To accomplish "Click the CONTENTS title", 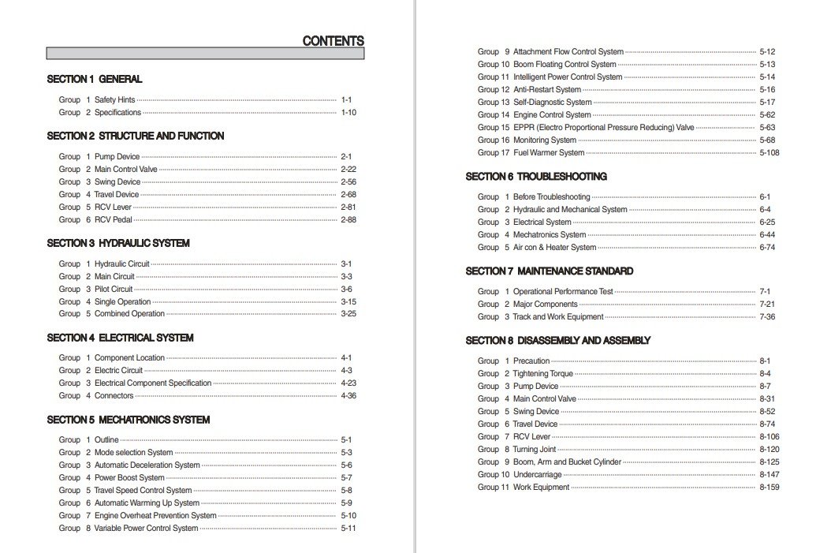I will coord(333,41).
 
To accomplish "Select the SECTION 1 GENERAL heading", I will coord(95,79).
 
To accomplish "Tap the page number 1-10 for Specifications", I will coord(348,113).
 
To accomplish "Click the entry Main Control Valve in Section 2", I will coord(126,170).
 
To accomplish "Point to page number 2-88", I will coord(348,220).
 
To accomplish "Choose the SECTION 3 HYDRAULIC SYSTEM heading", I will coord(118,243).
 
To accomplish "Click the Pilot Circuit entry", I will coord(114,290).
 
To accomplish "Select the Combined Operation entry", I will coord(129,314).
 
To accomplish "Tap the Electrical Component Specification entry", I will coord(153,383).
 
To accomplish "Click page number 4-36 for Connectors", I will coord(348,396).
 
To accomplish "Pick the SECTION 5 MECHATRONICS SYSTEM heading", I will coord(129,420).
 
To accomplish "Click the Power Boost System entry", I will coord(129,478).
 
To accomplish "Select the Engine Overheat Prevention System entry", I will coord(155,516).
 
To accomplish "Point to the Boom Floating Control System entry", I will coord(565,65).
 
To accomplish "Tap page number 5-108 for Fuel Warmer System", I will coord(769,153).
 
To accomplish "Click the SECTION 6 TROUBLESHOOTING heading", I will coord(536,177).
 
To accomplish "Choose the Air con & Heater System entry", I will coord(554,248).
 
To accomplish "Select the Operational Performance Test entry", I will coord(563,292).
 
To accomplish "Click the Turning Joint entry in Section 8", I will coord(535,450).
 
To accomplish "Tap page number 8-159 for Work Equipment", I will coord(769,488).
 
